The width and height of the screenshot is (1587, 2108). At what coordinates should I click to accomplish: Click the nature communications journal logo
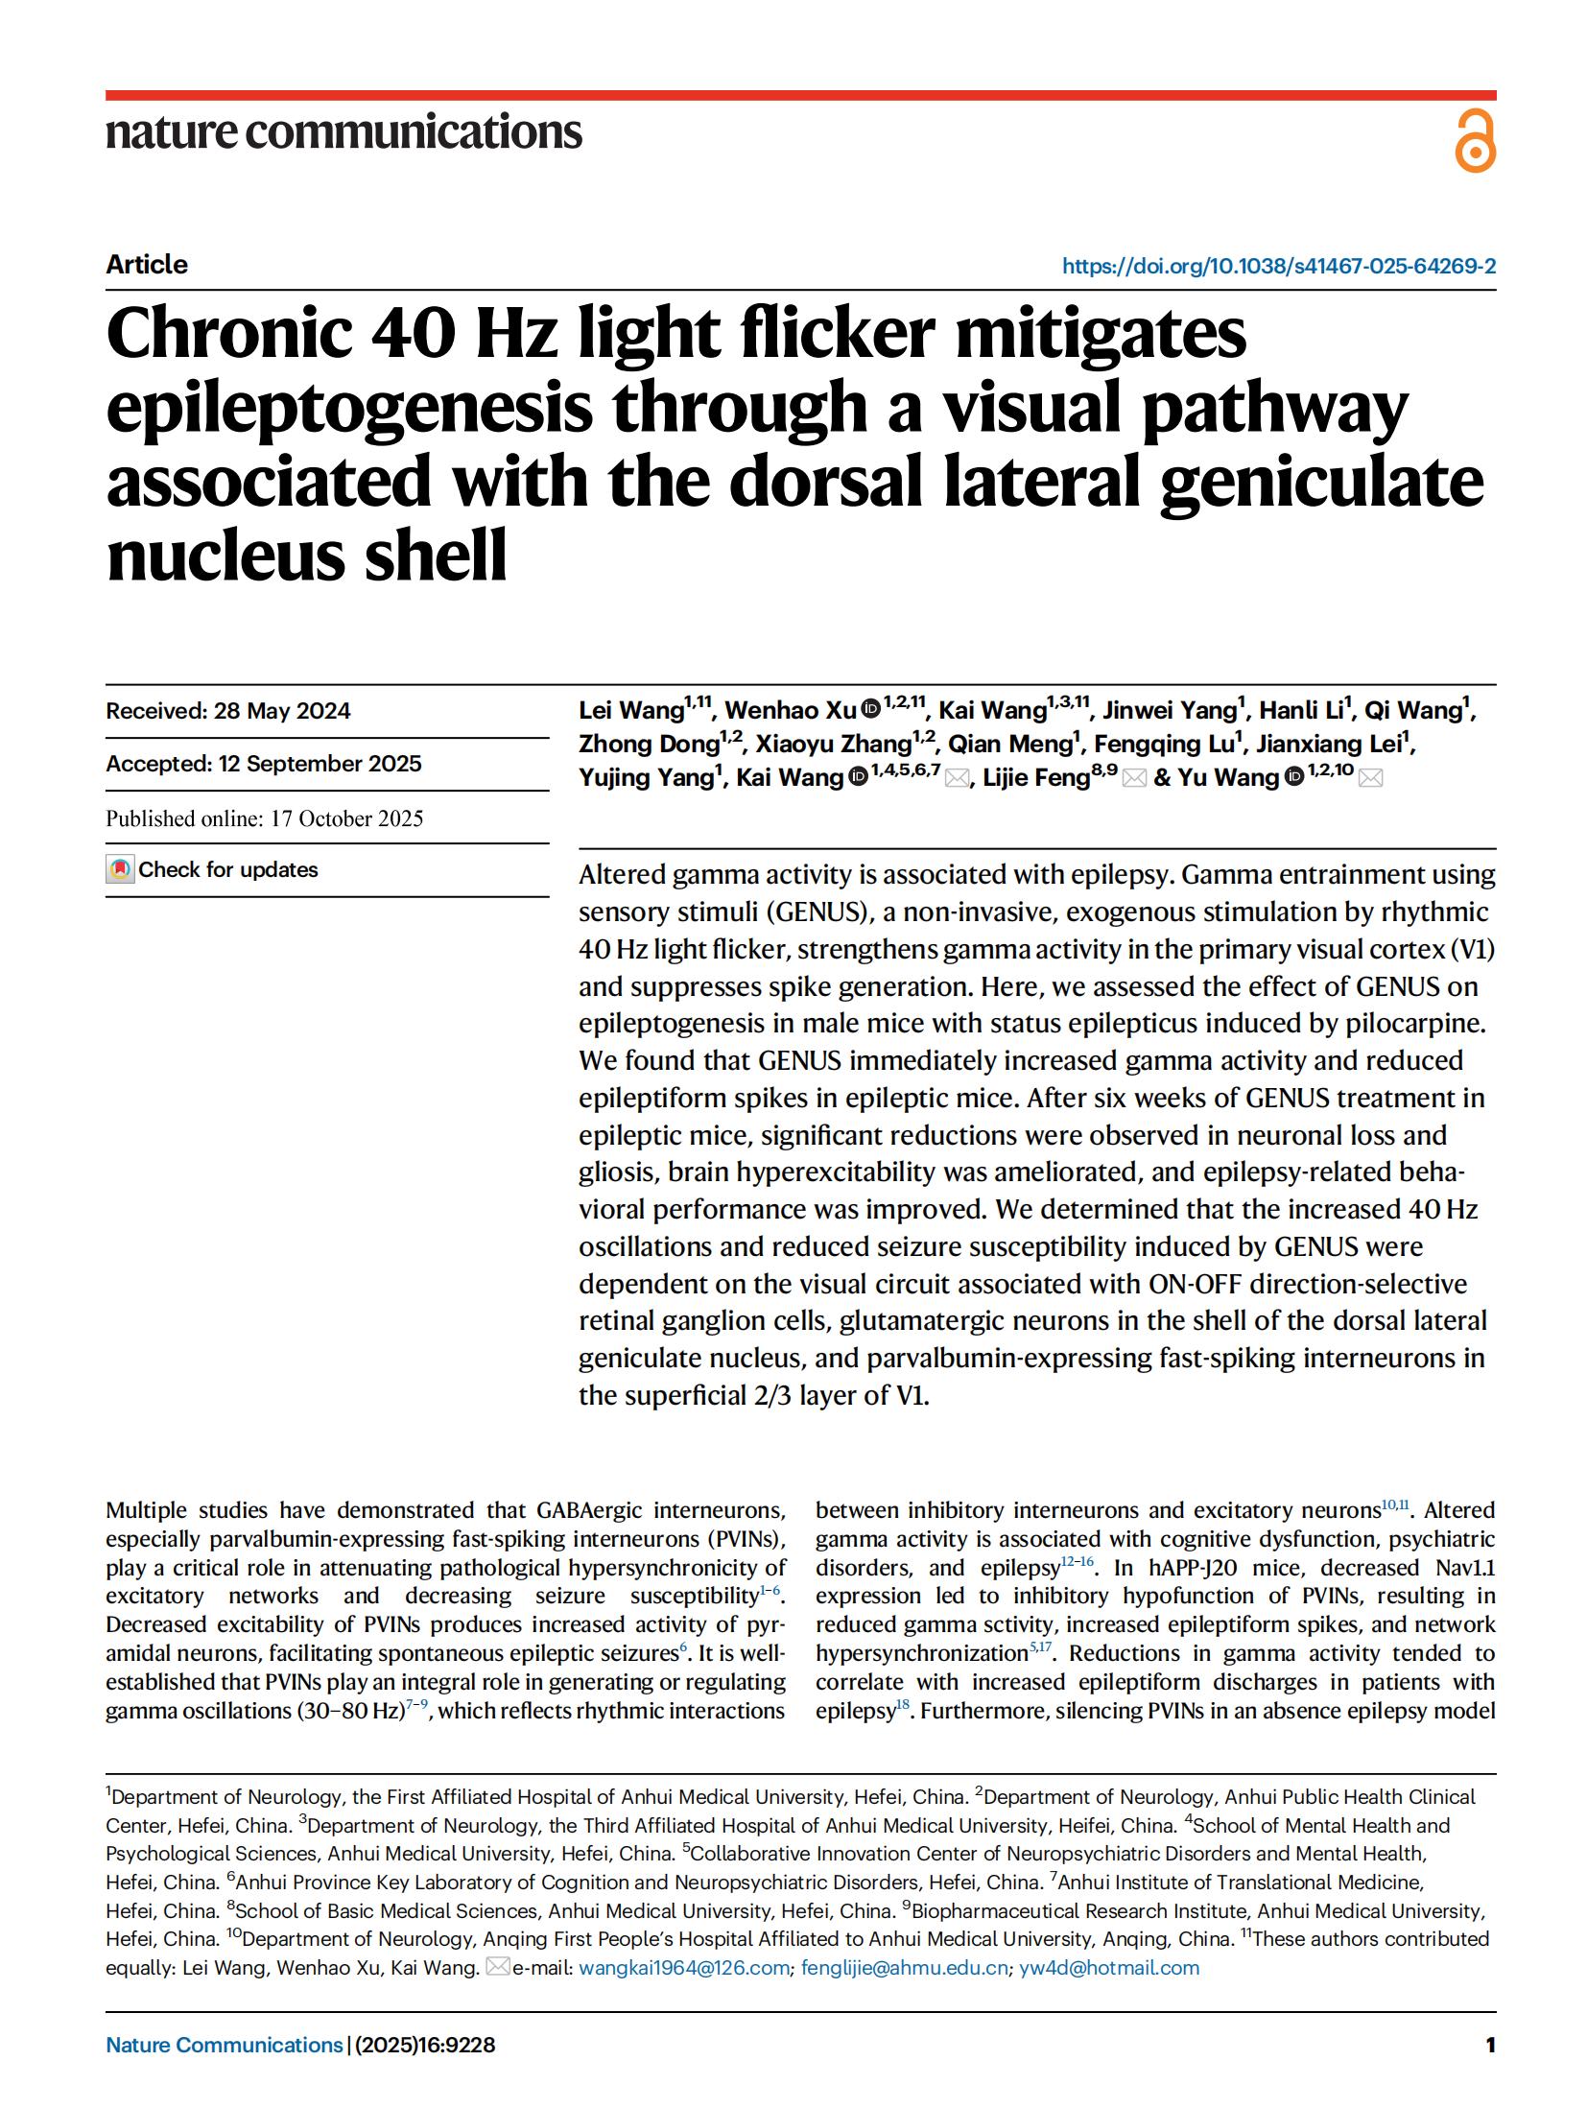343,131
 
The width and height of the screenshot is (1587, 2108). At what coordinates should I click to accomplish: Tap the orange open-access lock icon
1474,142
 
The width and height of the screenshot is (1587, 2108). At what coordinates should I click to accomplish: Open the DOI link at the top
1278,266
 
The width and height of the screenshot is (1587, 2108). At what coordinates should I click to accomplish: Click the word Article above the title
147,265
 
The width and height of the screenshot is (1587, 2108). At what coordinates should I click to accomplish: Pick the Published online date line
264,818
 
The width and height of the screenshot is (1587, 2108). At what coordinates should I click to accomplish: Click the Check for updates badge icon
120,869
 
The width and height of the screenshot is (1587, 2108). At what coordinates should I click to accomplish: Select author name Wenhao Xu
790,711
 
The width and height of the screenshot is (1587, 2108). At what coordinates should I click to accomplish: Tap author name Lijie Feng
1035,778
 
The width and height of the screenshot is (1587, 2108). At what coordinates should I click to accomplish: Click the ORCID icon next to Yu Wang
1293,777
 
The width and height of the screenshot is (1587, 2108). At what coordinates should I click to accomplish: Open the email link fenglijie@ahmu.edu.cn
905,1968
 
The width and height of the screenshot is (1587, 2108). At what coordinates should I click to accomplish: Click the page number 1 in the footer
1489,2045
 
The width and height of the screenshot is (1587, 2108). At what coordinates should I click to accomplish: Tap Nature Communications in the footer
224,2045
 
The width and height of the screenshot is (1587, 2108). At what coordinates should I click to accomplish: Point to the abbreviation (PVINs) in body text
751,1539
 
